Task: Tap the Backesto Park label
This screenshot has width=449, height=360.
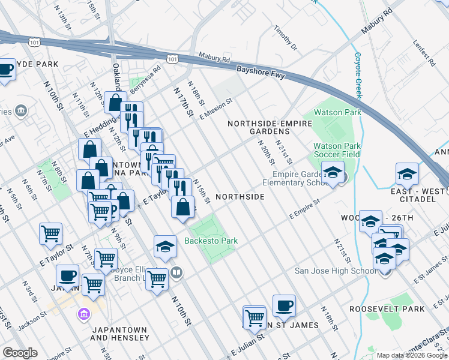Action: tap(211, 241)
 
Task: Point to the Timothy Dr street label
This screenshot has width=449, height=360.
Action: tap(285, 37)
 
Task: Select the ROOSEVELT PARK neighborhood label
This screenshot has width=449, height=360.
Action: tap(387, 309)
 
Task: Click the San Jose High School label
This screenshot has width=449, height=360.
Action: tap(336, 271)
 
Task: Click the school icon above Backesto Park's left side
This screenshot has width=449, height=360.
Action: tap(165, 247)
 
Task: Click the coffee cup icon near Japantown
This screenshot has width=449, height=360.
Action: tap(67, 276)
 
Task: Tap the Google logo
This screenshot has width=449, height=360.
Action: tap(19, 353)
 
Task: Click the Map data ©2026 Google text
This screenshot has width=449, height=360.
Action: tap(412, 355)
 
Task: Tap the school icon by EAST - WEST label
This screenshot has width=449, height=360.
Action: tap(407, 174)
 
